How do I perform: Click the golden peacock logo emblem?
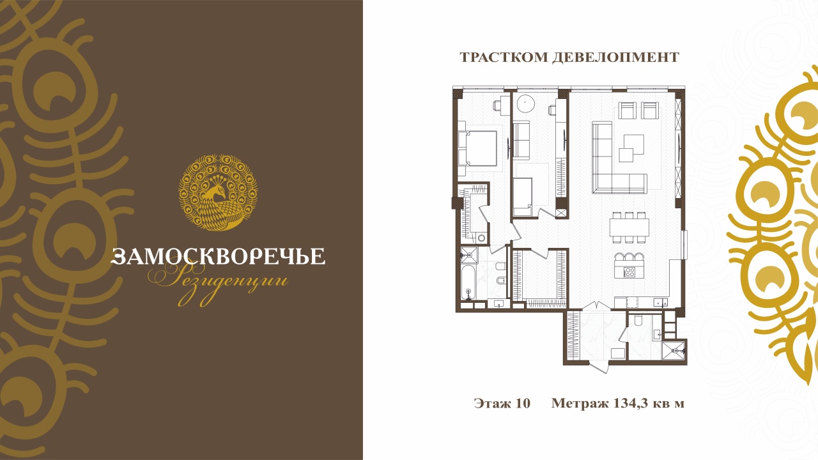218,192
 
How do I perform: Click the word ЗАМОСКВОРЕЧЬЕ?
218,256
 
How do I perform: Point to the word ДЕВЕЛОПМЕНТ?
615,57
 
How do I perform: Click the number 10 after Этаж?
523,403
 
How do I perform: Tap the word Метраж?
580,404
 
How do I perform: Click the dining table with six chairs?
629,227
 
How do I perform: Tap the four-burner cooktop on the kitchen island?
629,272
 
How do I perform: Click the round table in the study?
526,103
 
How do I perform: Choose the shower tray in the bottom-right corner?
674,351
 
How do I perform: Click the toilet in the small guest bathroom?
638,320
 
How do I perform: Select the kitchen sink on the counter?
660,302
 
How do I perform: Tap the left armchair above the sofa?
627,111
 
